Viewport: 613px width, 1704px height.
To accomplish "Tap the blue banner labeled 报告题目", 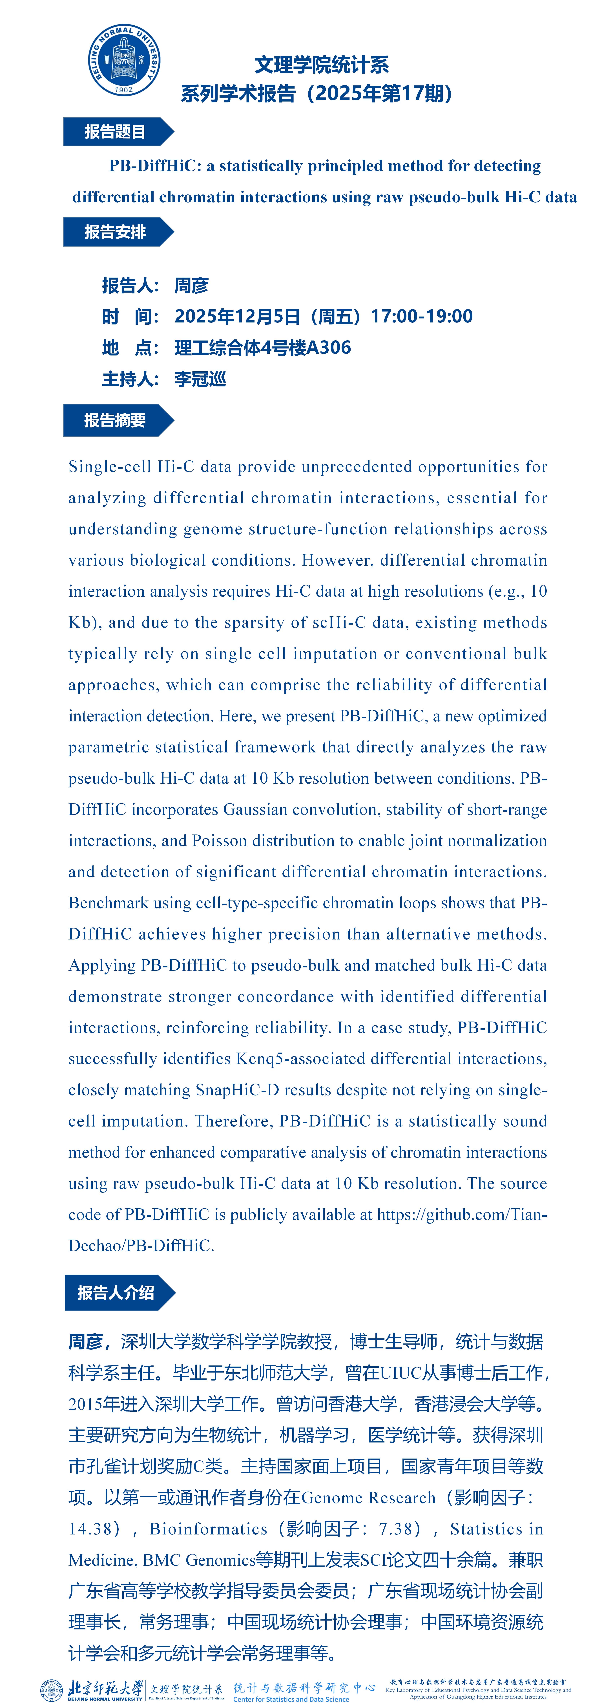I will [116, 132].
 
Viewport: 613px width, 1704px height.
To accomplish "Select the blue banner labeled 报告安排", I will [116, 232].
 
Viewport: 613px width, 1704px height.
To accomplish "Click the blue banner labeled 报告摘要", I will [116, 421].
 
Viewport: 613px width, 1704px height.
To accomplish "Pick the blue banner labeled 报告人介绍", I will [117, 1293].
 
